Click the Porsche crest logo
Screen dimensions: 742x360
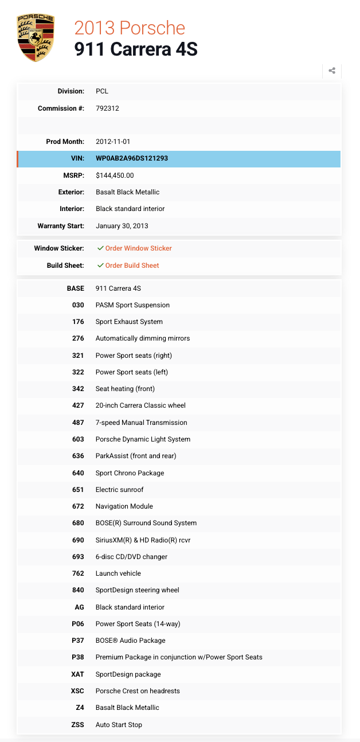click(x=36, y=38)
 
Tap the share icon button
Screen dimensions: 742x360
click(x=332, y=71)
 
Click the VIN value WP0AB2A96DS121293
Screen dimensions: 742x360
click(x=132, y=158)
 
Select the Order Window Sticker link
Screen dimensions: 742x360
click(x=138, y=248)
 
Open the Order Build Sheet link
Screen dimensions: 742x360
click(x=132, y=265)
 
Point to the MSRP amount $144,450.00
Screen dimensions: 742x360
click(x=115, y=175)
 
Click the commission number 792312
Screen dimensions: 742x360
click(x=107, y=108)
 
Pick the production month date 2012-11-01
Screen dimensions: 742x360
click(x=114, y=142)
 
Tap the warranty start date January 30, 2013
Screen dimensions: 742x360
click(x=122, y=226)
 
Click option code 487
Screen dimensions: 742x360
click(x=78, y=423)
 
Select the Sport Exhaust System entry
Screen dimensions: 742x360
click(x=129, y=322)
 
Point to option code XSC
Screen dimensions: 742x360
click(x=77, y=691)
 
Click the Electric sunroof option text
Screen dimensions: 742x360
click(x=119, y=490)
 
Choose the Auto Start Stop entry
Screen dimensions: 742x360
click(x=119, y=725)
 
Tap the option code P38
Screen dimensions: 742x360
click(x=77, y=657)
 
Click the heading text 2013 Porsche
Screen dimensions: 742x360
click(x=130, y=28)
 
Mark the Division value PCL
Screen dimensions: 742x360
click(x=102, y=91)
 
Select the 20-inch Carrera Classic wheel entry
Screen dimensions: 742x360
click(x=140, y=405)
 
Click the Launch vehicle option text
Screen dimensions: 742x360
click(x=118, y=573)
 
